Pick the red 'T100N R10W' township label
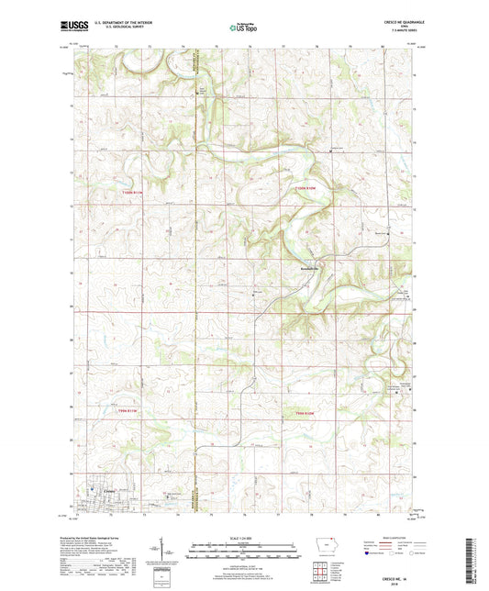pos(304,189)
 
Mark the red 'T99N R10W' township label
pos(304,412)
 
